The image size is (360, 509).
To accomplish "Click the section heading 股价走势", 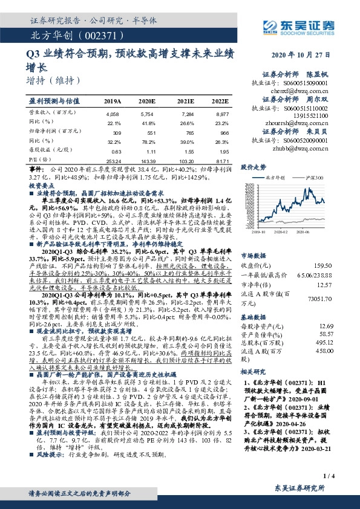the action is pos(254,166).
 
